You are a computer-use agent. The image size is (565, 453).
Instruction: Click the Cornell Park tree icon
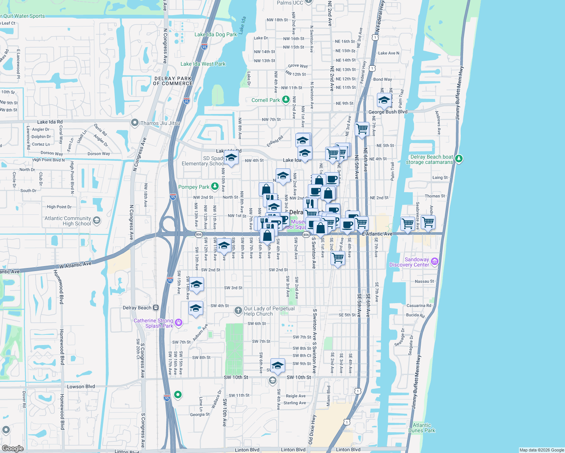coord(286,100)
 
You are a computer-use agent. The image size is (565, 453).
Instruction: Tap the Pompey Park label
coord(193,187)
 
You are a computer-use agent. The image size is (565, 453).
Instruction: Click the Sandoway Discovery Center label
coord(409,262)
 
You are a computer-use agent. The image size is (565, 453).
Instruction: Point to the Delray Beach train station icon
coord(156,308)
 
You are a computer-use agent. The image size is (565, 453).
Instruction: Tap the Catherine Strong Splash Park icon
coord(179,322)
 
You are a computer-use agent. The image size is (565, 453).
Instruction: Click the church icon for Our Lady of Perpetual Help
coord(238,311)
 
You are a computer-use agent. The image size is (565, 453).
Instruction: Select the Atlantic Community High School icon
coord(97,220)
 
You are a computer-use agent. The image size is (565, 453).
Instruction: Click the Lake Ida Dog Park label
coord(216,34)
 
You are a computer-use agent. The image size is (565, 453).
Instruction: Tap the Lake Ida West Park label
coord(203,64)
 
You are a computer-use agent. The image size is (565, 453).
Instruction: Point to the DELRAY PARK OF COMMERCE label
coord(173,81)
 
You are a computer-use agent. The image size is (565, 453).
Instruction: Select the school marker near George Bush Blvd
coord(384,100)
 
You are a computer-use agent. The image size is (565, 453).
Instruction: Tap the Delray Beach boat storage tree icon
coord(459,159)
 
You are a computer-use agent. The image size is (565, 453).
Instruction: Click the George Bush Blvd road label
coord(388,112)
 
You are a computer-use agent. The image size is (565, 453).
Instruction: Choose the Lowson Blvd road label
coord(81,387)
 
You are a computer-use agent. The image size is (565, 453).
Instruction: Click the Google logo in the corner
coord(13,448)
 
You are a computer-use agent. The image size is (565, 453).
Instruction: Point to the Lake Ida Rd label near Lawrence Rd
coord(50,122)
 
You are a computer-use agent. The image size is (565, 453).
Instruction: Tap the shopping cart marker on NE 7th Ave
coord(362,129)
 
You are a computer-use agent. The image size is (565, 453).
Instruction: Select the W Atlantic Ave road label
coord(75,265)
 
